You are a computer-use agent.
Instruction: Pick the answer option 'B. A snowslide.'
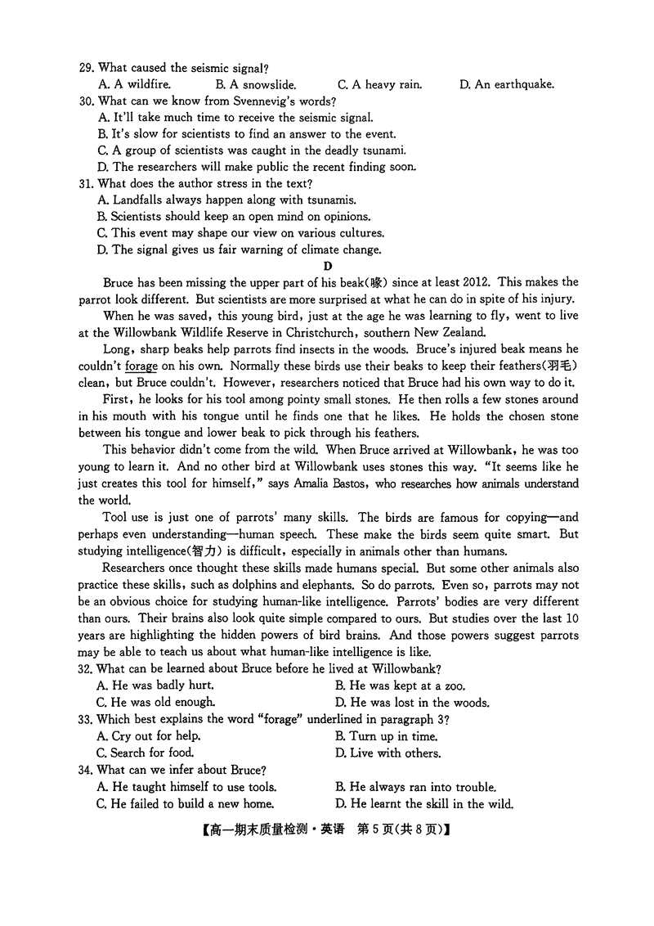click(256, 84)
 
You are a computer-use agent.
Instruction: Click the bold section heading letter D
click(328, 266)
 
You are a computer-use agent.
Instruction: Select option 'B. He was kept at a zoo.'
click(400, 686)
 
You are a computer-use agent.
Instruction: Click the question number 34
click(86, 770)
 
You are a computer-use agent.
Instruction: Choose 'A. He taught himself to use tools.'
click(186, 787)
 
